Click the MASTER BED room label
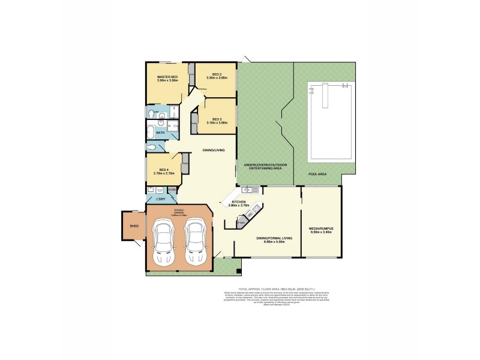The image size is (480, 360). (x=167, y=77)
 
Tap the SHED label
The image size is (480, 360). (x=134, y=226)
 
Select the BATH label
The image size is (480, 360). (x=160, y=133)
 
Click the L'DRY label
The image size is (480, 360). (x=160, y=199)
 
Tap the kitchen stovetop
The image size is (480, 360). (x=256, y=209)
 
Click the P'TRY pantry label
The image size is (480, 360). (x=240, y=223)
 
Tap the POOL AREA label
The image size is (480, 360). (x=317, y=173)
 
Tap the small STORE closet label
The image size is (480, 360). (x=172, y=190)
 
